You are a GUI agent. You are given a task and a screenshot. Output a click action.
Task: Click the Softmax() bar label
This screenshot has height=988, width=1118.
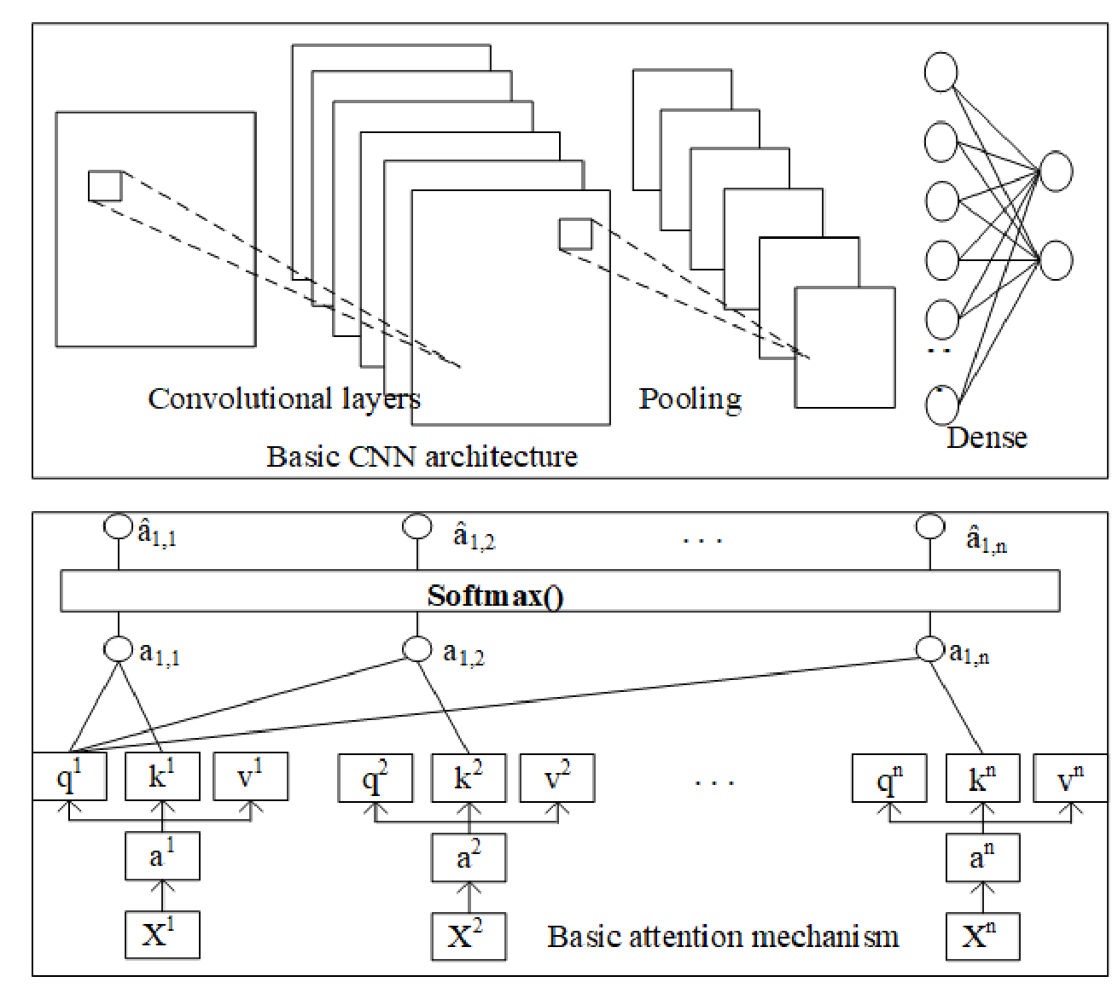coord(495,595)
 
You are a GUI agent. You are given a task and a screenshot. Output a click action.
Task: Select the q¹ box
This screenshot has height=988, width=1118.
coord(70,776)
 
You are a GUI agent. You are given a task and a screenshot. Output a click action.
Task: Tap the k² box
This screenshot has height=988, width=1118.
coord(469,777)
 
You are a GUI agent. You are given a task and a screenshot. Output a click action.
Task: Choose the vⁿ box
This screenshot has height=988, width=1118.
coord(1069,777)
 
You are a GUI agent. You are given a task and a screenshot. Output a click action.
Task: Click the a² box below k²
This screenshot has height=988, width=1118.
coord(469,857)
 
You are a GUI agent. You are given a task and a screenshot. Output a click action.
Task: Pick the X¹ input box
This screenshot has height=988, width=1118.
coord(162,934)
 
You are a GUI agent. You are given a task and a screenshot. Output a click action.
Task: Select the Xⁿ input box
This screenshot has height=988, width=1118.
coord(982,935)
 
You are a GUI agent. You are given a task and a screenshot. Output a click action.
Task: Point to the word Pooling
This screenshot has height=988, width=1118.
coord(690,399)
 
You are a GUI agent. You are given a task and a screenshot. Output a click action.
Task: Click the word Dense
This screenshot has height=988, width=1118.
coord(987,438)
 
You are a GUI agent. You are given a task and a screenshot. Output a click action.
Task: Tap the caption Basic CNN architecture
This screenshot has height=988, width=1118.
coord(422,456)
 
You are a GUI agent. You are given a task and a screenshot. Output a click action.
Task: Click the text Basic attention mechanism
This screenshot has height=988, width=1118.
coord(723,937)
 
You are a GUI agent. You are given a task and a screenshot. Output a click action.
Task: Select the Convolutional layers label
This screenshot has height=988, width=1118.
coord(284,398)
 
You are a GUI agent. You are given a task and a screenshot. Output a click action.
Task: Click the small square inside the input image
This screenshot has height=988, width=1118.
coord(105,186)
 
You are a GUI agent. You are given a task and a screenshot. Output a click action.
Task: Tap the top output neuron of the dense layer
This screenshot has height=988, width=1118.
coord(1056,171)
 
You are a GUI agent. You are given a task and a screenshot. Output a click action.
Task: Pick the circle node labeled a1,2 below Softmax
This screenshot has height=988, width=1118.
coord(416,649)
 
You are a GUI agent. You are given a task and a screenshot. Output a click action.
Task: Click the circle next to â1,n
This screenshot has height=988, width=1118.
coord(930,526)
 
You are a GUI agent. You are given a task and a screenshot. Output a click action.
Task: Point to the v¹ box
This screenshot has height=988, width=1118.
coord(251,776)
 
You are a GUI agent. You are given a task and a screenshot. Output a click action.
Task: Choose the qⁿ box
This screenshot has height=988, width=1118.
coord(889,777)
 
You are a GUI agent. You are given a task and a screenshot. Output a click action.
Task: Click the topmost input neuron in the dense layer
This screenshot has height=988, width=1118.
coord(940,72)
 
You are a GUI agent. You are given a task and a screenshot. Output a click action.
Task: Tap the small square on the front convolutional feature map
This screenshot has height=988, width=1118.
coord(575,234)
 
